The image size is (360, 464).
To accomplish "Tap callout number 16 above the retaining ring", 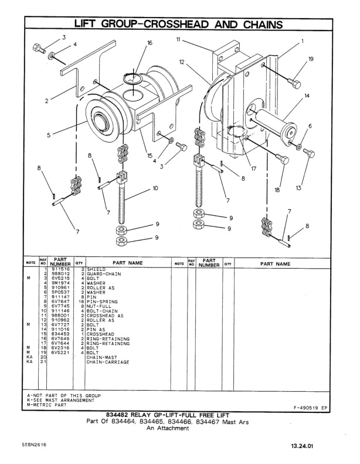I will (150, 43).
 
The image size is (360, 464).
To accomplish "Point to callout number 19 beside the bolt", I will (311, 59).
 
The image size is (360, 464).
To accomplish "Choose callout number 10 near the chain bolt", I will (155, 188).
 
